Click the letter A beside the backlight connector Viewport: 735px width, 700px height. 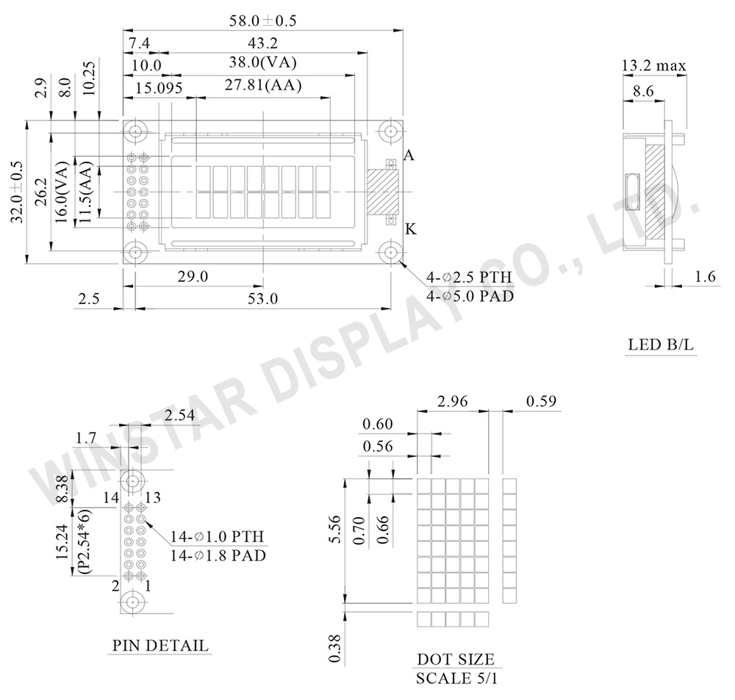409,156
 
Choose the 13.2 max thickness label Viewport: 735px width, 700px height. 653,66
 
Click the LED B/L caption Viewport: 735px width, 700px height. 661,344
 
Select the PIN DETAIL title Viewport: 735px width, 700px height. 160,646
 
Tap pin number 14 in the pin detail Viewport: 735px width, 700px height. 110,498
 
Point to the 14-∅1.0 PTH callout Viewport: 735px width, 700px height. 217,536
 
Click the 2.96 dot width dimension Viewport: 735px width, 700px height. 452,402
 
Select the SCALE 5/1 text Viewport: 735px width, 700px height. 456,677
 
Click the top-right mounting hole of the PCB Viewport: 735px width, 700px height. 390,131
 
